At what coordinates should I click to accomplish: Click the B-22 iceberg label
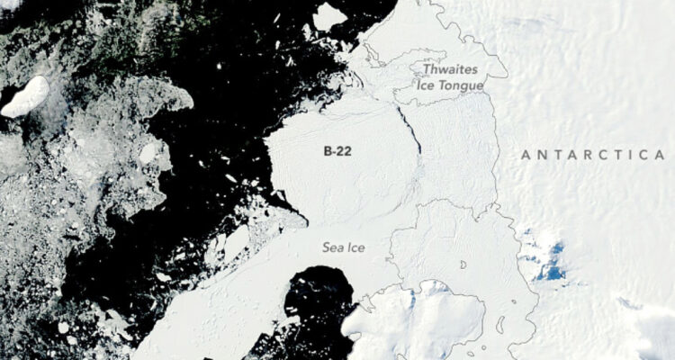pyautogui.click(x=338, y=152)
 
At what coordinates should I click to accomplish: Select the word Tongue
pyautogui.click(x=462, y=85)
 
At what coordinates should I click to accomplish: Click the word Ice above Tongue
pyautogui.click(x=427, y=85)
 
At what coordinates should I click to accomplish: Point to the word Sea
pyautogui.click(x=333, y=246)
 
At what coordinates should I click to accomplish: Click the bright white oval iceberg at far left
pyautogui.click(x=25, y=96)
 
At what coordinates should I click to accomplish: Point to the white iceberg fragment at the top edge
pyautogui.click(x=329, y=15)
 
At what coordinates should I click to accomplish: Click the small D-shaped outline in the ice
pyautogui.click(x=463, y=265)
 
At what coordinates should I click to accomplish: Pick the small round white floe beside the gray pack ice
pyautogui.click(x=148, y=153)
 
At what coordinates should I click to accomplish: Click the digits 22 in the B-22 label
pyautogui.click(x=345, y=152)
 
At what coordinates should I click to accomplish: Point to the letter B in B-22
pyautogui.click(x=328, y=152)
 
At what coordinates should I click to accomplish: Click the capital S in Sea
pyautogui.click(x=327, y=246)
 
